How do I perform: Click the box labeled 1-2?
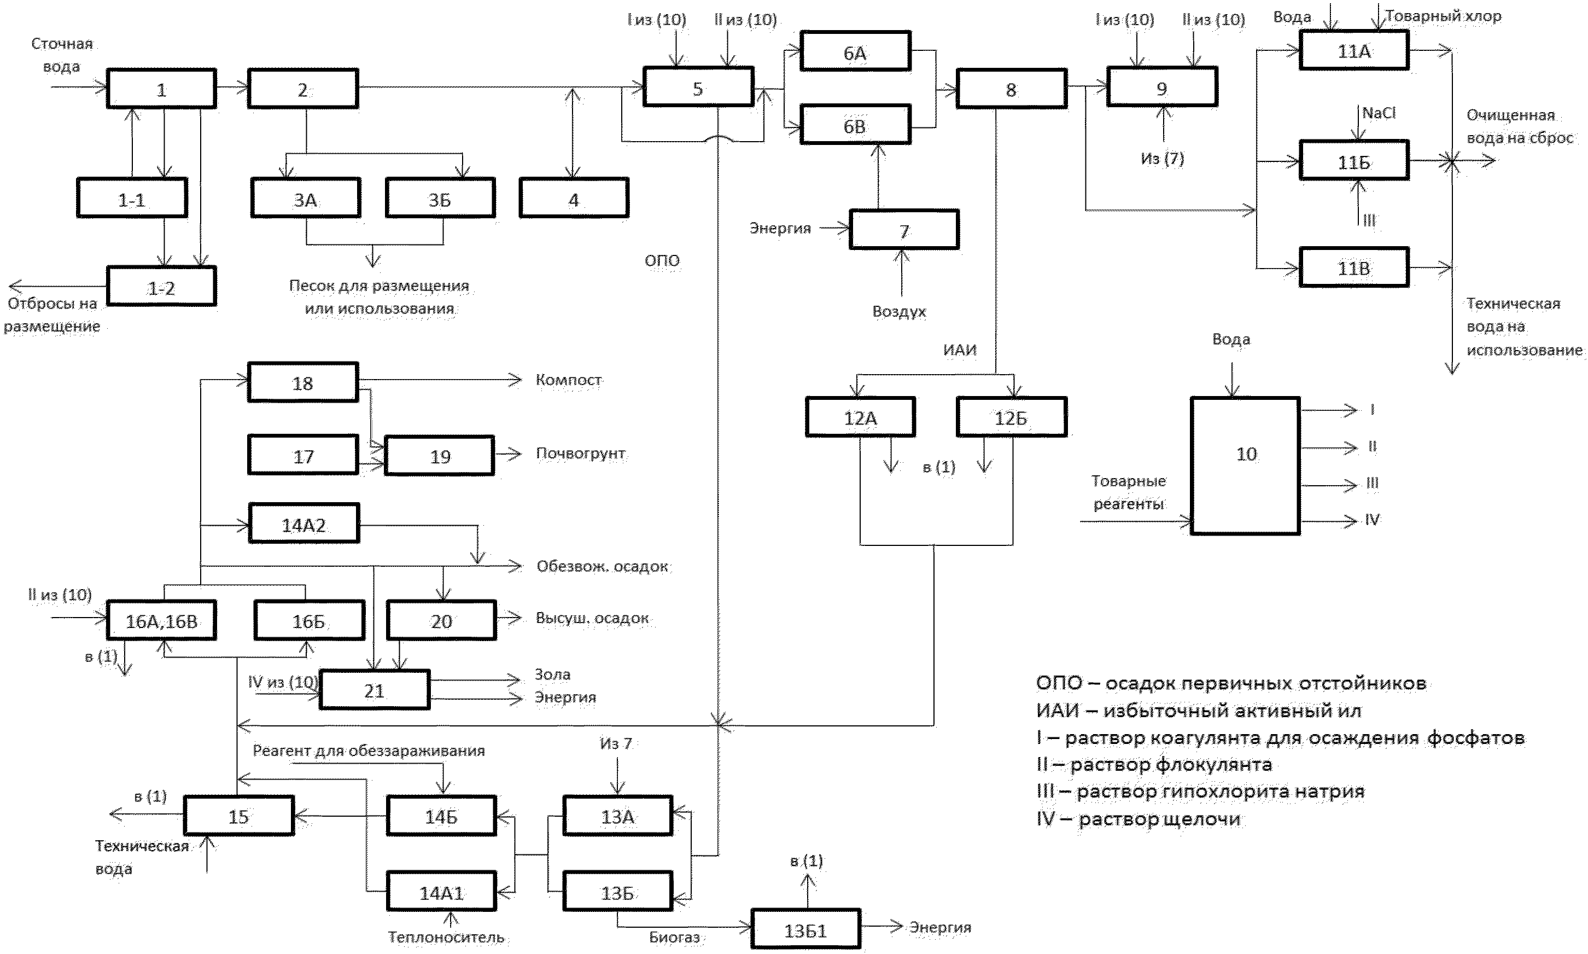pyautogui.click(x=161, y=286)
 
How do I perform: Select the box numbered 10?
pyautogui.click(x=1246, y=466)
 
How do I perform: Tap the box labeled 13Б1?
pyautogui.click(x=805, y=928)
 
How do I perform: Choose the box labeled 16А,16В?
pyautogui.click(x=161, y=620)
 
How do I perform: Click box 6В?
pyautogui.click(x=855, y=125)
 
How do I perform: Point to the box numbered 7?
pyautogui.click(x=904, y=230)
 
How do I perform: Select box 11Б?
pyautogui.click(x=1354, y=160)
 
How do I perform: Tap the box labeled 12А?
pyautogui.click(x=861, y=417)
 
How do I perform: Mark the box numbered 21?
pyautogui.click(x=375, y=690)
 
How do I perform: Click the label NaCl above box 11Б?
pyautogui.click(x=1379, y=113)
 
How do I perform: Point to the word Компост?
pyautogui.click(x=569, y=380)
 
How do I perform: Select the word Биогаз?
pyautogui.click(x=674, y=937)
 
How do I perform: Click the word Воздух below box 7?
pyautogui.click(x=899, y=312)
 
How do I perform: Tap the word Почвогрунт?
pyautogui.click(x=581, y=453)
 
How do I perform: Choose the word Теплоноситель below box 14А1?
pyautogui.click(x=446, y=937)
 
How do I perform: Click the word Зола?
pyautogui.click(x=553, y=674)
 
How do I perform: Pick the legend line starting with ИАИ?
pyautogui.click(x=1199, y=711)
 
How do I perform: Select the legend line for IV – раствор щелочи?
pyautogui.click(x=1138, y=819)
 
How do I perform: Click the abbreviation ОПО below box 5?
pyautogui.click(x=662, y=260)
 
